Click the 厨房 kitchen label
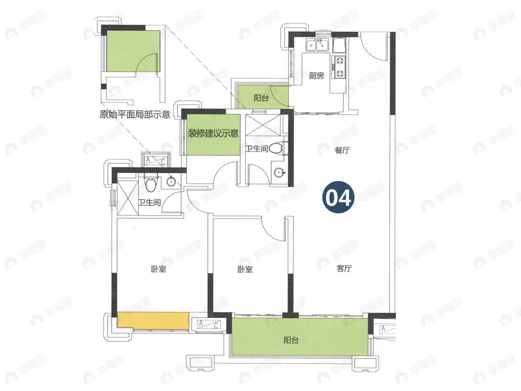click(316, 76)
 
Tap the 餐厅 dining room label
click(343, 150)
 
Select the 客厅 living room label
click(344, 268)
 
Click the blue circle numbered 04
click(338, 197)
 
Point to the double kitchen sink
click(317, 45)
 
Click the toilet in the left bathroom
click(151, 182)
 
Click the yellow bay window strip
click(153, 321)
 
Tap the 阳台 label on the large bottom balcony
click(291, 341)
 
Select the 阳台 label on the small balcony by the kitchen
click(261, 98)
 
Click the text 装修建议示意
click(213, 133)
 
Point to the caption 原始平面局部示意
click(135, 115)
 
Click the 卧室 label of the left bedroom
click(158, 269)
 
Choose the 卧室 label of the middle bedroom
click(245, 269)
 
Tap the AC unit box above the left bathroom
click(155, 161)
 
